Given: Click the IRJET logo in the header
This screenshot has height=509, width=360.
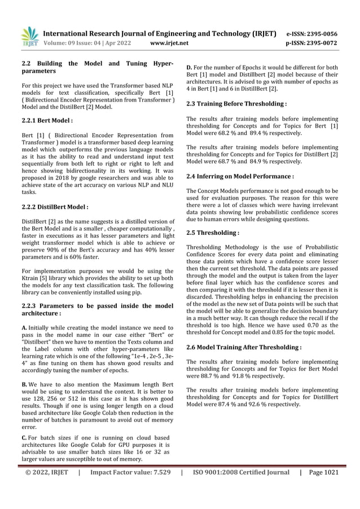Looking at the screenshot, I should coord(29,36).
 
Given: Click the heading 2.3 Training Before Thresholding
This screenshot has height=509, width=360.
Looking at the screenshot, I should coord(236,104).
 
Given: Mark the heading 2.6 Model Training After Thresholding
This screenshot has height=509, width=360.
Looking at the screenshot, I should coord(244,347).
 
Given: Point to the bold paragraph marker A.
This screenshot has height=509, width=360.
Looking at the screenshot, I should coord(24,328).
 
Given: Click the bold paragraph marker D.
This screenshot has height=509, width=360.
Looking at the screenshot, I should coord(190,68).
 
